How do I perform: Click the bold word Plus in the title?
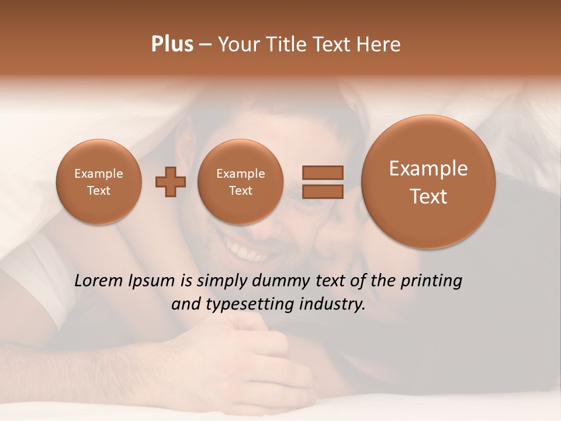172,44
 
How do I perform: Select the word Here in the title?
380,44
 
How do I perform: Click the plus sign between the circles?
171,182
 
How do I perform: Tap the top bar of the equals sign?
322,172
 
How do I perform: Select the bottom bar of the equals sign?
322,192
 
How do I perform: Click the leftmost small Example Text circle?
98,182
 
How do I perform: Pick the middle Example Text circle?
240,182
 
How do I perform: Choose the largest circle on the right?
428,182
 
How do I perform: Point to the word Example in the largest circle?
428,169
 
